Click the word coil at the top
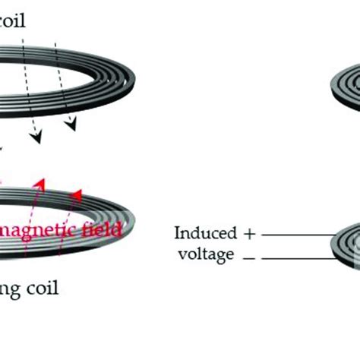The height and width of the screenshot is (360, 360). [x=13, y=21]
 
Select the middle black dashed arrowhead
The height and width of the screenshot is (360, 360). [x=33, y=138]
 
